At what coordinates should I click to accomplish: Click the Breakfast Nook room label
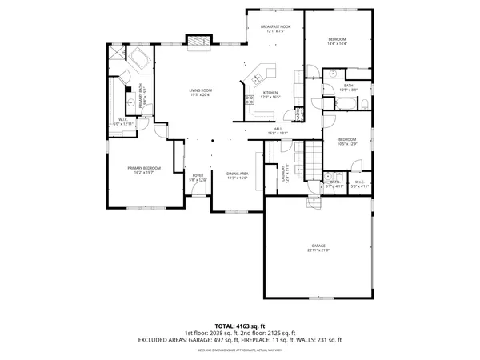pyautogui.click(x=275, y=30)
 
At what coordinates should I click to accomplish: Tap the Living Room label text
pyautogui.click(x=200, y=93)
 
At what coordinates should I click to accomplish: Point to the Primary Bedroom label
pyautogui.click(x=144, y=170)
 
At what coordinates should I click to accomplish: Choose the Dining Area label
pyautogui.click(x=238, y=176)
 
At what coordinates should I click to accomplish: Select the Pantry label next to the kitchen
pyautogui.click(x=298, y=114)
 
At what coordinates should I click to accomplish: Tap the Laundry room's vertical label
pyautogui.click(x=284, y=174)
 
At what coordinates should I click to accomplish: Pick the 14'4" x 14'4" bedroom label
pyautogui.click(x=338, y=42)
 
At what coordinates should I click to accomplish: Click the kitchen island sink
pyautogui.click(x=258, y=78)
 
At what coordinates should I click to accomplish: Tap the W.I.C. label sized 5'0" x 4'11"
pyautogui.click(x=358, y=183)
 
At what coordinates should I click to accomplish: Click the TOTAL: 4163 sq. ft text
pyautogui.click(x=240, y=326)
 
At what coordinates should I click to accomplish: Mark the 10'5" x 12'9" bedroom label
pyautogui.click(x=346, y=142)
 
